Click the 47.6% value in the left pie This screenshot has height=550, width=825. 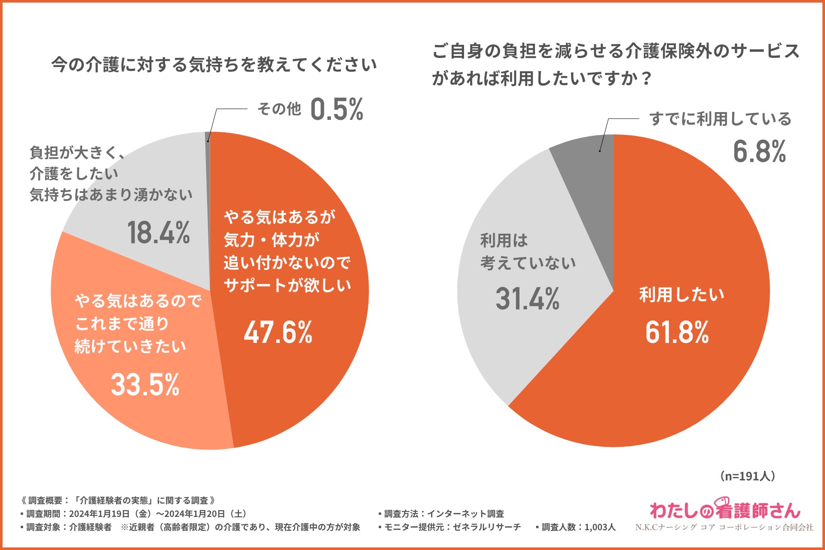coord(278,333)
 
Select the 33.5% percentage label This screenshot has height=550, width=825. coord(145,385)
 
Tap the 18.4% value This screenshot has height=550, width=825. coord(159,233)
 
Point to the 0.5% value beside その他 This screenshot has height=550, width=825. coord(336,110)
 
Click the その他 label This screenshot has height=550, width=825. coord(279,109)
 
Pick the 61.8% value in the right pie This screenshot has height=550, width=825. coord(677,332)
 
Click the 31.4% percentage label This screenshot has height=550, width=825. coord(527,299)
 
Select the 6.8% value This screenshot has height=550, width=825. coord(759,152)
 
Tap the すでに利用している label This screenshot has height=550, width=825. coord(720,119)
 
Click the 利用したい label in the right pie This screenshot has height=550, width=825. coord(681,295)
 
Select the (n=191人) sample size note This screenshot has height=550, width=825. coord(747,476)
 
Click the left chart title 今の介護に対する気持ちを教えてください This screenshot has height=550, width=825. coord(214,65)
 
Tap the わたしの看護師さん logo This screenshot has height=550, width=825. coord(725,510)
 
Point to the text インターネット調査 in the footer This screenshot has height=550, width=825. coord(465,514)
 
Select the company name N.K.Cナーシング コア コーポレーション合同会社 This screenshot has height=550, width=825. coord(724,527)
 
